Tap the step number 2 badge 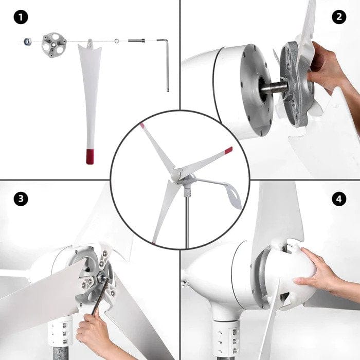338,17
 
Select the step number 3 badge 21,199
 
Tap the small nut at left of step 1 25,42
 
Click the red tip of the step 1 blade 91,156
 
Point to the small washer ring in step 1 117,41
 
